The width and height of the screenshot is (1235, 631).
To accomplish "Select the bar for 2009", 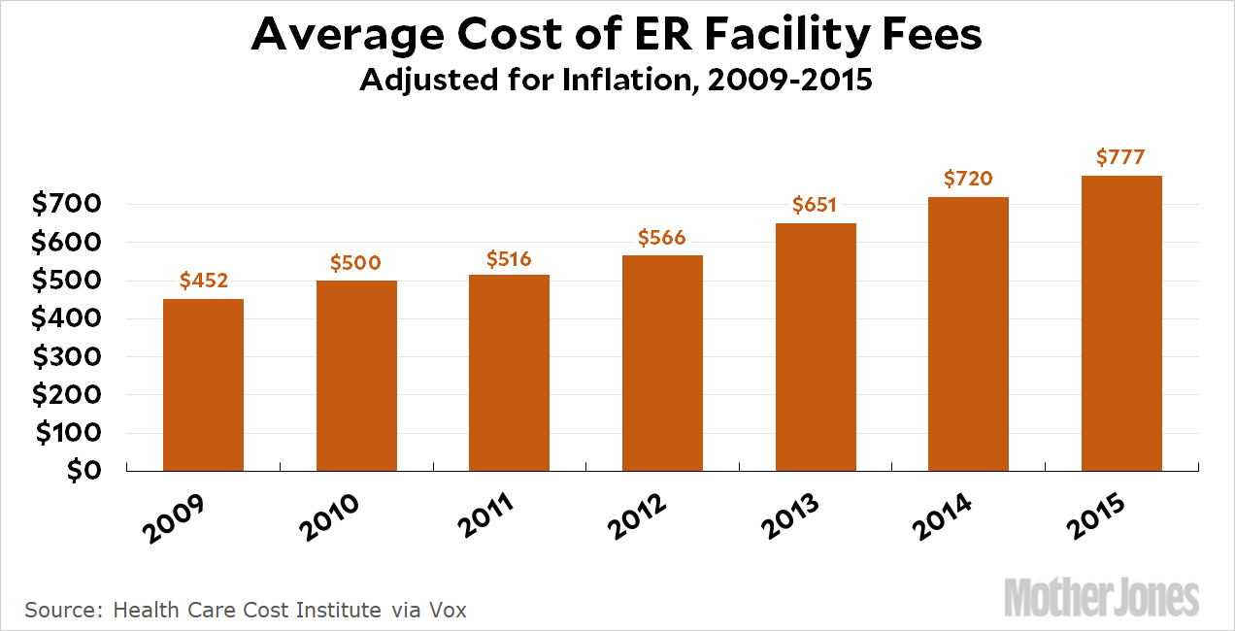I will point(203,384).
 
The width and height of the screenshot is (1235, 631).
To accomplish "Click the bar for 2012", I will point(662,363).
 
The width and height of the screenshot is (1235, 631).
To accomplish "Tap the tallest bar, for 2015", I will point(1121,323).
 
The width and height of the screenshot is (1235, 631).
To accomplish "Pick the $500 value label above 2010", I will point(355,263).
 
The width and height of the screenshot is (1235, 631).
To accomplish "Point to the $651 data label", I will point(815,206).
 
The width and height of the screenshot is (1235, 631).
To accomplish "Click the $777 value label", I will point(1121,157).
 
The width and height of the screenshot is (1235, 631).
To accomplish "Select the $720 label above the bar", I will point(968,180).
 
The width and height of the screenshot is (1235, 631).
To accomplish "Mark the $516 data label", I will point(509,258).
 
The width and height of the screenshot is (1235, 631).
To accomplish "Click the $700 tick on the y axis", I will point(66,205).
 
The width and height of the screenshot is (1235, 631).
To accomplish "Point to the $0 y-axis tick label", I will point(83,471).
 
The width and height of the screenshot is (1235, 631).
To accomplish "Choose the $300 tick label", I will point(66,357).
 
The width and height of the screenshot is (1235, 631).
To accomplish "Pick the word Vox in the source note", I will point(449,611).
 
